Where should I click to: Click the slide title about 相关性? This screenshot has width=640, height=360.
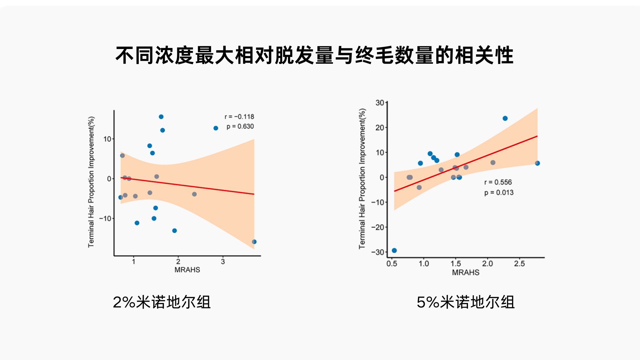click(x=314, y=55)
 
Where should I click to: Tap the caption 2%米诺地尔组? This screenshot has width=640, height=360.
click(x=162, y=302)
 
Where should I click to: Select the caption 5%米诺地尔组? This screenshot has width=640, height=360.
click(x=465, y=302)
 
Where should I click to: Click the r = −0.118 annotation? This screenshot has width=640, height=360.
click(x=239, y=117)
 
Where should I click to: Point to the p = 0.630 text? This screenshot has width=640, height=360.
click(x=240, y=126)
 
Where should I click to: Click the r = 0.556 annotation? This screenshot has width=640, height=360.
click(x=498, y=182)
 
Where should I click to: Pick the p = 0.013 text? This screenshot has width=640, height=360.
click(x=499, y=192)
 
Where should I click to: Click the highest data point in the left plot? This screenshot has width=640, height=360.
click(x=161, y=117)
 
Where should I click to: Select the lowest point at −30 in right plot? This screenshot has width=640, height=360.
click(x=394, y=250)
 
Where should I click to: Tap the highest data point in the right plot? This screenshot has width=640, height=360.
click(x=505, y=118)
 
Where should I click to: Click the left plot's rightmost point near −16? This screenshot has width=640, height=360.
click(x=254, y=242)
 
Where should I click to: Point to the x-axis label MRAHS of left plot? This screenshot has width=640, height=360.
click(x=187, y=270)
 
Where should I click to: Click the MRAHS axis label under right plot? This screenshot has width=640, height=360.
click(x=465, y=272)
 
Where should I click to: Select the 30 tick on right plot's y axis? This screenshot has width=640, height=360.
click(x=380, y=103)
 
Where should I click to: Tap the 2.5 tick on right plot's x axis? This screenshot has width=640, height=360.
click(x=519, y=264)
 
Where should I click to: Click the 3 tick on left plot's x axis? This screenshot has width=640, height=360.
click(x=223, y=262)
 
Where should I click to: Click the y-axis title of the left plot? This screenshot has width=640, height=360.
click(x=91, y=182)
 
